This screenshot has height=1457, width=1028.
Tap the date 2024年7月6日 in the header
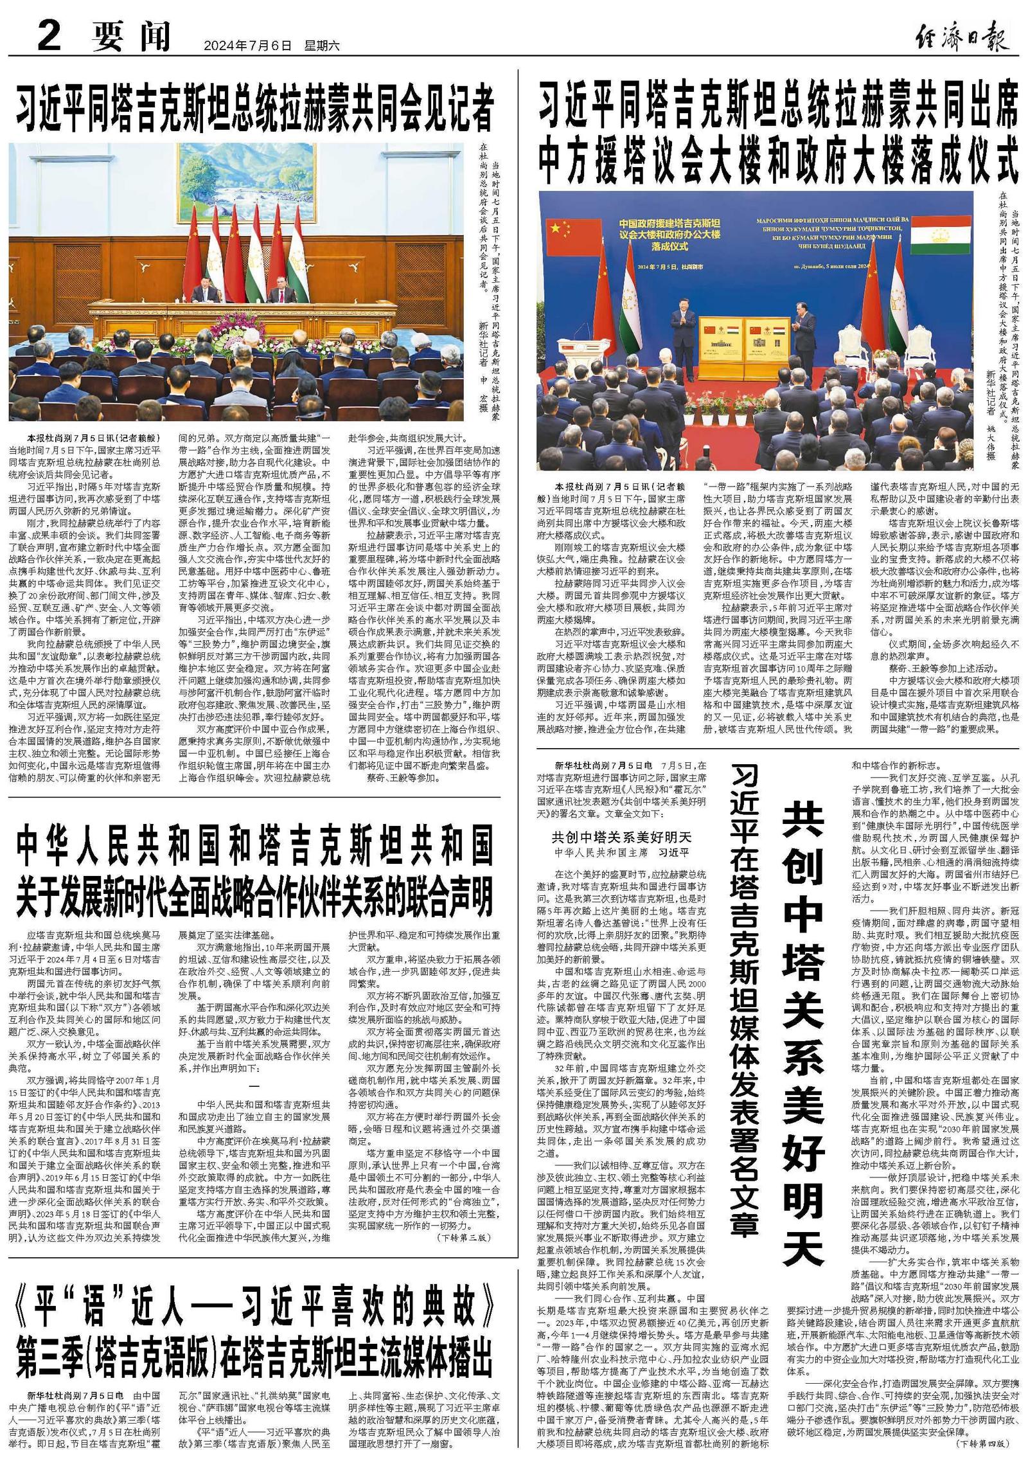tap(247, 46)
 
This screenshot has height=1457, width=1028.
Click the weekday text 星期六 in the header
tap(321, 46)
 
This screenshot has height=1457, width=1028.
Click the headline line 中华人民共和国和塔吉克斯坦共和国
tap(255, 847)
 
